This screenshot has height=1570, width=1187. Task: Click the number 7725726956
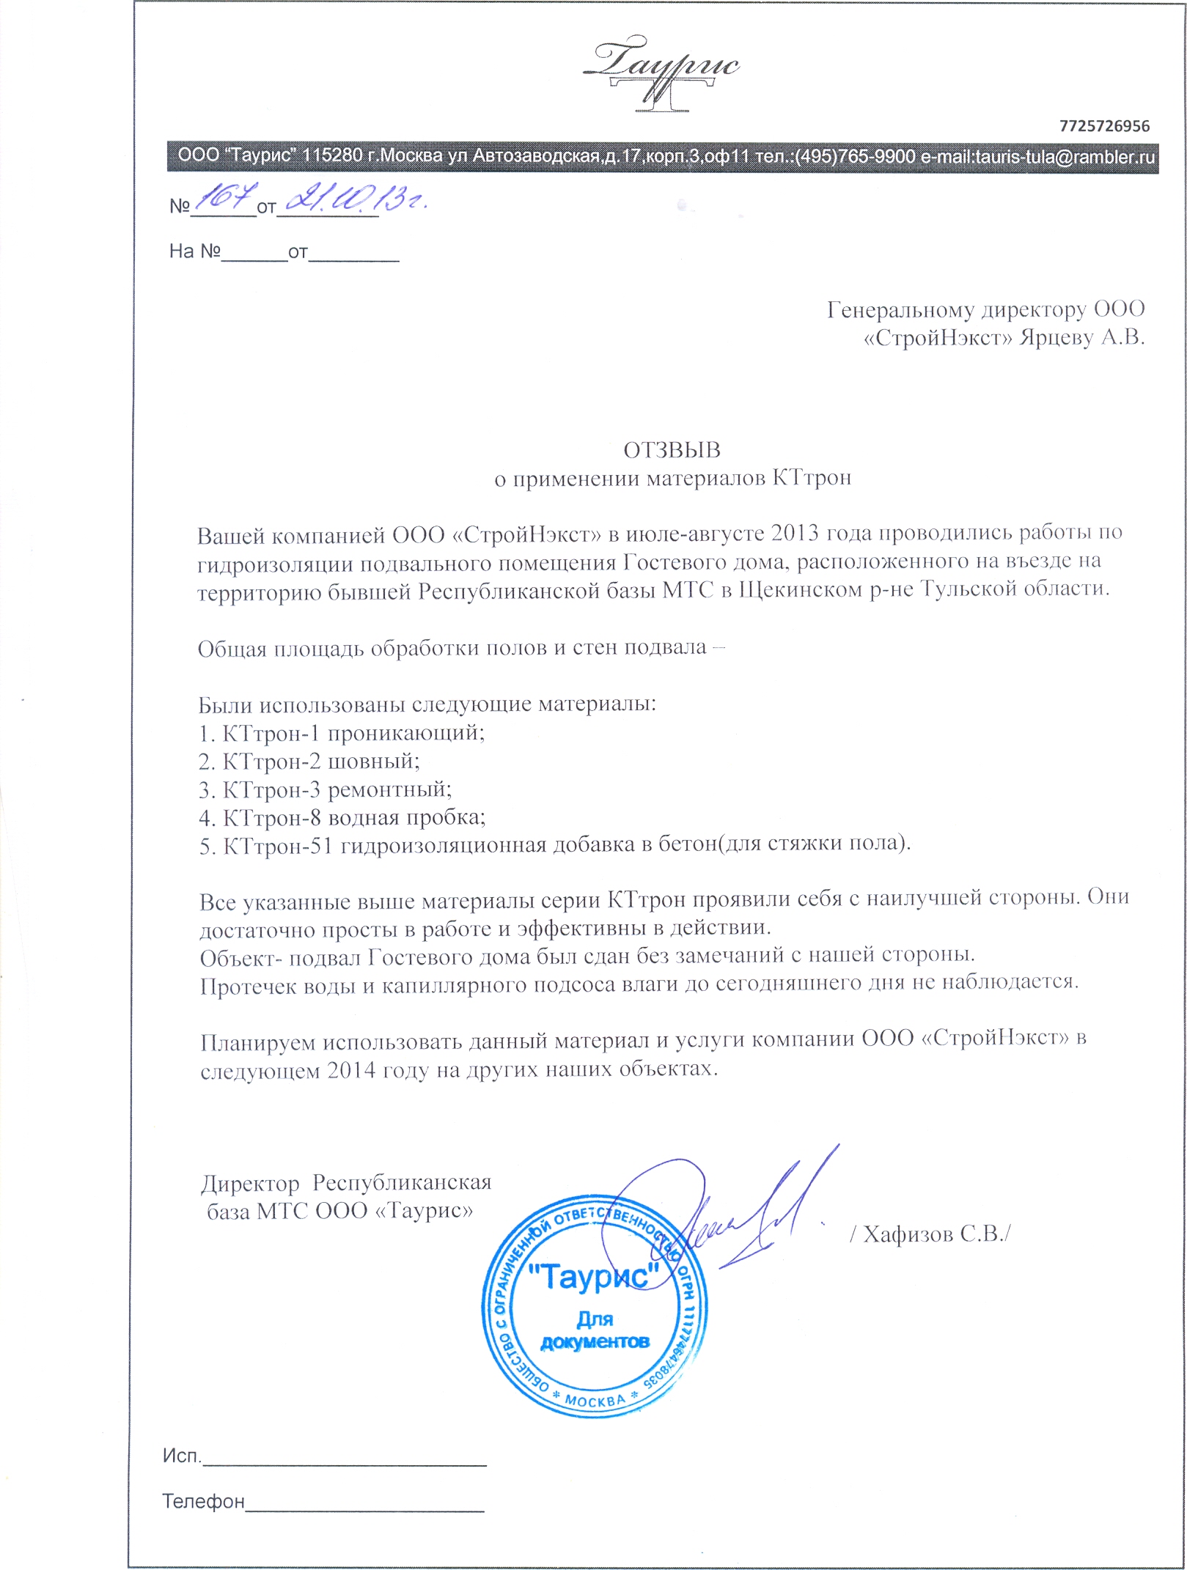coord(1104,126)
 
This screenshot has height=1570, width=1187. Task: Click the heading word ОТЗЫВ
coord(672,450)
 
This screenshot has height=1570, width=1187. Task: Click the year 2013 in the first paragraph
coord(795,533)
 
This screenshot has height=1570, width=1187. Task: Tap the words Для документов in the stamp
coord(595,1330)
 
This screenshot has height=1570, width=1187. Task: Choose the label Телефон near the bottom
coord(203,1502)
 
